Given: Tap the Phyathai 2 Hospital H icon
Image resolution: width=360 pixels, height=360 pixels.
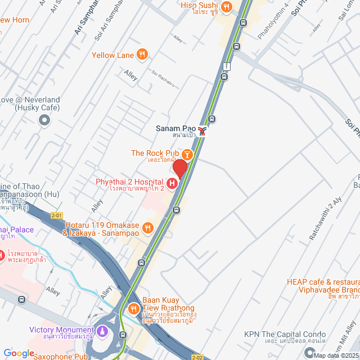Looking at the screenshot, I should point(172,183).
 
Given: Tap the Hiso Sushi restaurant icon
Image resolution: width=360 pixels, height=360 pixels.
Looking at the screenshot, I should point(226,7).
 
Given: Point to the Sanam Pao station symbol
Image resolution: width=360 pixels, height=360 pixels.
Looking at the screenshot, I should point(202,130).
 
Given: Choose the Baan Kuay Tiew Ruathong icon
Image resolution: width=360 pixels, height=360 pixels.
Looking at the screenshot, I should point(134,308).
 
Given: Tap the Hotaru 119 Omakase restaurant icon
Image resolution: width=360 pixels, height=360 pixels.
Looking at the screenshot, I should point(148,227).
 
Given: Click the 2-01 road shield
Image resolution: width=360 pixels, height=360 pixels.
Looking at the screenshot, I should point(56,215).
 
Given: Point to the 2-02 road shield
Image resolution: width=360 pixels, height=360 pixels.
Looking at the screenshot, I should point(196,357).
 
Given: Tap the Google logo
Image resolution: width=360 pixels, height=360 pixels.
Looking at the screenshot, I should point(19,353).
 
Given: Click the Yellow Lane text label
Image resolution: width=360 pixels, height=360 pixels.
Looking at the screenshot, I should point(113,55).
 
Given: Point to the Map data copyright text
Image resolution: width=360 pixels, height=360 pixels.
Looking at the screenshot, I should point(336,355).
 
